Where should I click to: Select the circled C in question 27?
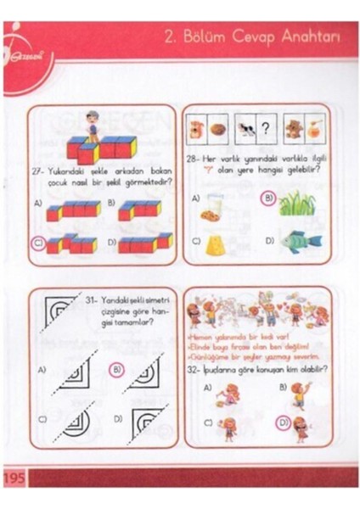(x=37, y=242)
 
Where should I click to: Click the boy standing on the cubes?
(x=93, y=129)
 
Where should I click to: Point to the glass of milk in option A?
(x=211, y=204)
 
